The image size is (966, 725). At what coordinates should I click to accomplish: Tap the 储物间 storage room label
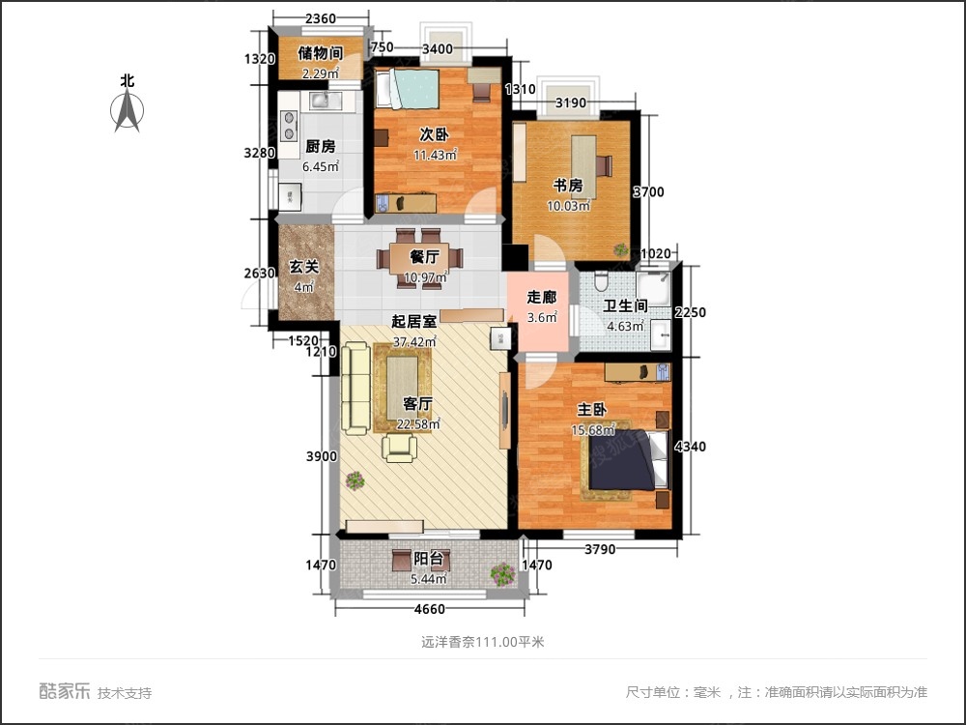[321, 53]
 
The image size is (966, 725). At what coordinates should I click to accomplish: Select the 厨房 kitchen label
[321, 146]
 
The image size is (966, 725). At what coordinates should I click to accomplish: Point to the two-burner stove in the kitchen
[288, 125]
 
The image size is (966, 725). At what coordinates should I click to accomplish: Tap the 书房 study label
[567, 185]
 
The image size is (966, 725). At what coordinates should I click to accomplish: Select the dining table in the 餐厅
[420, 258]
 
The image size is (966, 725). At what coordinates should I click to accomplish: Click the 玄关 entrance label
[304, 267]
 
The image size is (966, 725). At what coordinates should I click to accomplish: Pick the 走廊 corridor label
[542, 297]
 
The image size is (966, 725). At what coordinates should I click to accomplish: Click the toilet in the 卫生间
[601, 281]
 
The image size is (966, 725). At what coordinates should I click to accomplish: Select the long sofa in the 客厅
[356, 389]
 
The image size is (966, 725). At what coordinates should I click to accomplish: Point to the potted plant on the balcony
[502, 574]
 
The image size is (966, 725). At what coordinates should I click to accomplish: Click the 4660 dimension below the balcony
[430, 609]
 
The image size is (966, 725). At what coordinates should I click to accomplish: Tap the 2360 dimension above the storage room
[321, 18]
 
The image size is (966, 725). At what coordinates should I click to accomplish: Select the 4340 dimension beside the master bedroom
[690, 447]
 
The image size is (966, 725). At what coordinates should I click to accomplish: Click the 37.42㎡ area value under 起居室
[414, 341]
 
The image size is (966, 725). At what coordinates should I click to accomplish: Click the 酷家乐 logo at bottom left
[65, 691]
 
